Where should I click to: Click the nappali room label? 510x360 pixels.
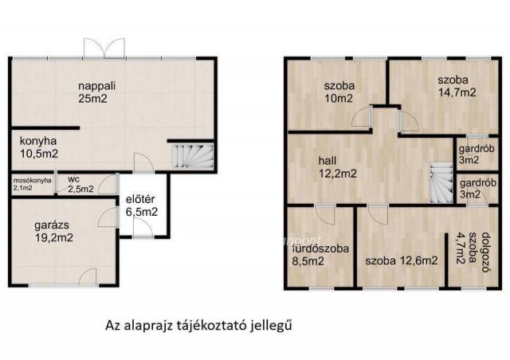(97, 86)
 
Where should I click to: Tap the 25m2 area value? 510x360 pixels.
(92, 99)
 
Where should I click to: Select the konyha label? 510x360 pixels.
(38, 141)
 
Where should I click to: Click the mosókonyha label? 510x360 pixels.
(32, 181)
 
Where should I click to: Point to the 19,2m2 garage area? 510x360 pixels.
(53, 237)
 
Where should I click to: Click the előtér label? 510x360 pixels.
(140, 199)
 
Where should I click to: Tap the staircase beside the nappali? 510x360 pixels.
(192, 156)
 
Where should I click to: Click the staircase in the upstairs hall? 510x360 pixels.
(441, 183)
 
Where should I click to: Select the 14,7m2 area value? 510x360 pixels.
(457, 92)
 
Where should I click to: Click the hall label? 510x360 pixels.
(328, 160)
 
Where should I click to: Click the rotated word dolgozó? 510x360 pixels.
(486, 252)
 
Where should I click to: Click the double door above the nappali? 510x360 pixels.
(104, 49)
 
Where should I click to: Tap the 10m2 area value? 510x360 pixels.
(339, 99)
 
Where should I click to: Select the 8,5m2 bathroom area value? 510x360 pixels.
(308, 261)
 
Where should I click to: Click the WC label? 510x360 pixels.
(73, 179)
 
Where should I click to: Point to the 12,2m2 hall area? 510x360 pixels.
(338, 173)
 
